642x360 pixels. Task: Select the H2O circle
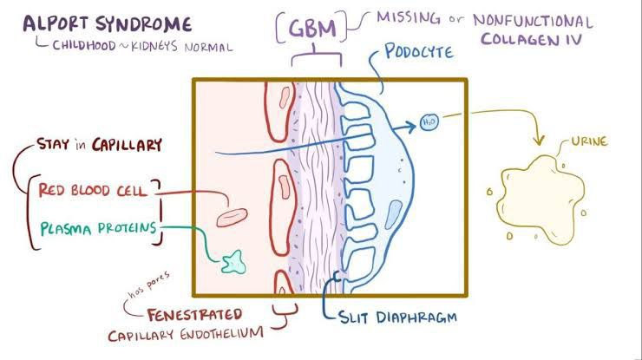429,121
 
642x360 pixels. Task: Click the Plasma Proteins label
100,228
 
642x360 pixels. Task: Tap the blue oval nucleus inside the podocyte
395,213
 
